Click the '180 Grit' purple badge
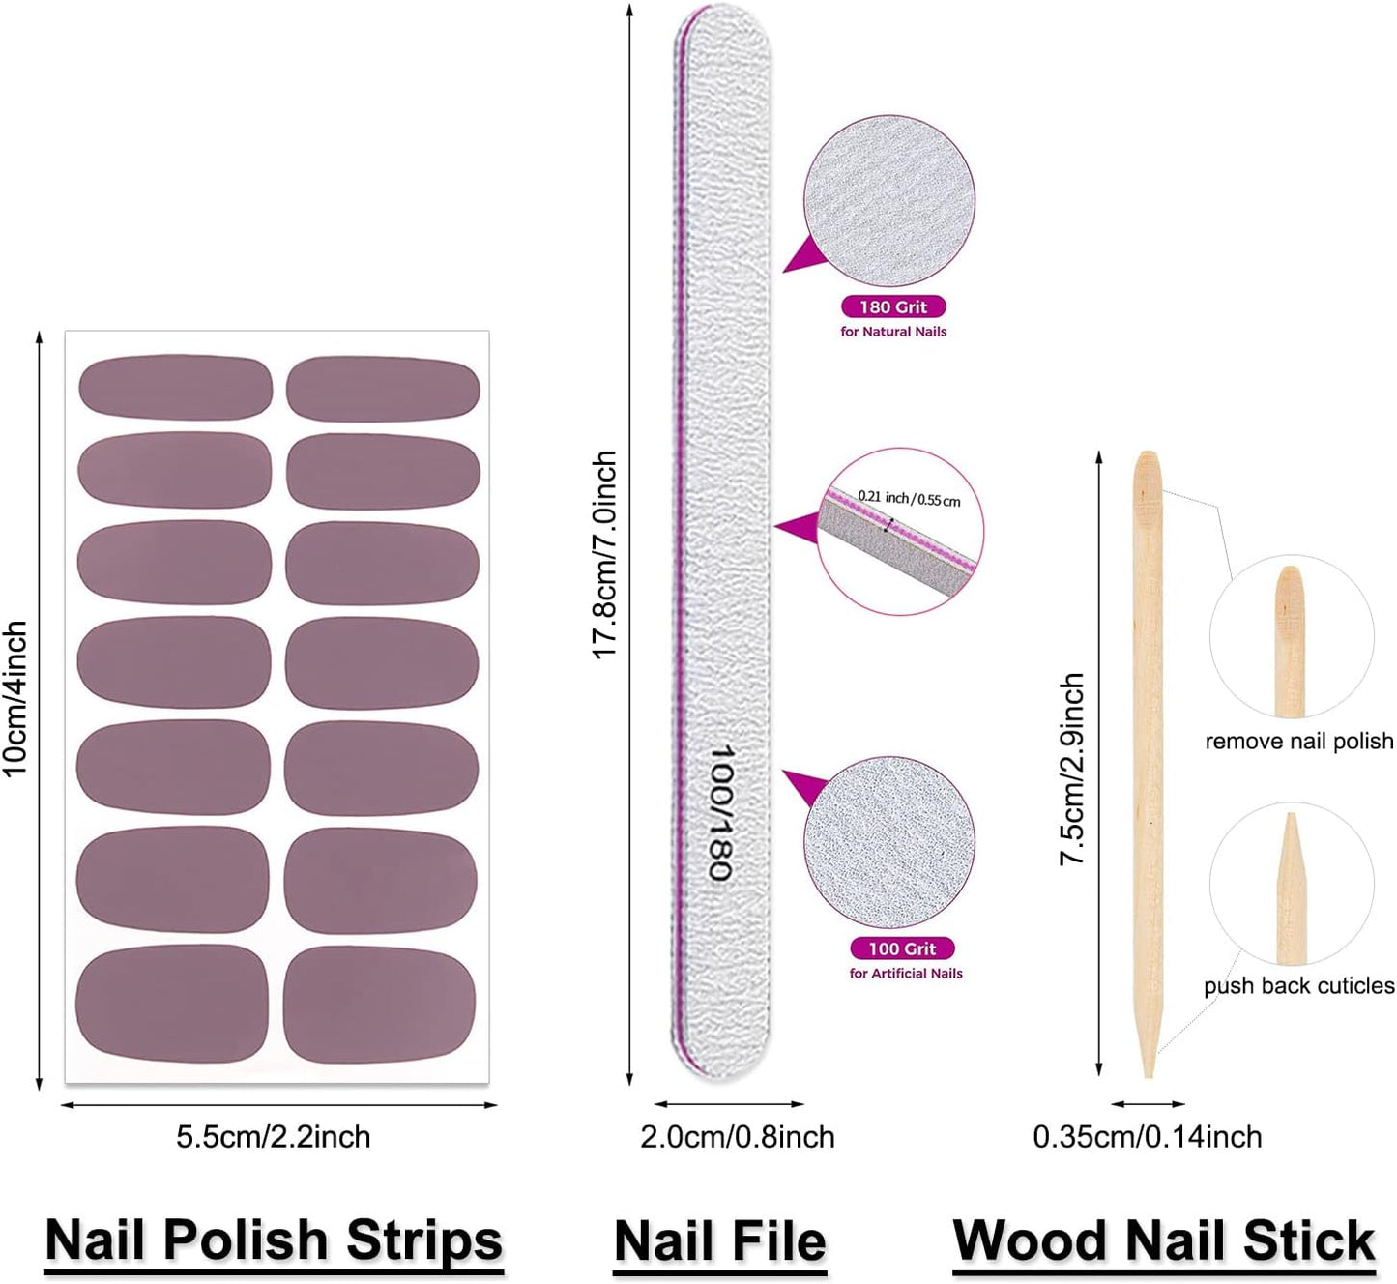coord(893,306)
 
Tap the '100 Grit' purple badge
coord(902,948)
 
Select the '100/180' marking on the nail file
coord(721,812)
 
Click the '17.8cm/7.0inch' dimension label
coord(604,555)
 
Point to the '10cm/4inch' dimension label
coord(15,698)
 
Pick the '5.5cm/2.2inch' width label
coord(274,1136)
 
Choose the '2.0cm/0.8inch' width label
coord(738,1136)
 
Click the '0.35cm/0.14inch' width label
coord(1148,1136)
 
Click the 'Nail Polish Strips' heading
coord(274,1240)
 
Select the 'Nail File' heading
coord(720,1240)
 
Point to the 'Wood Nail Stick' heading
coord(1164,1240)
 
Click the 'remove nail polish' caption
coord(1298,742)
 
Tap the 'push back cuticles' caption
coord(1298,985)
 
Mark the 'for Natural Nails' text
coord(893,332)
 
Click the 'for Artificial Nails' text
coord(906,974)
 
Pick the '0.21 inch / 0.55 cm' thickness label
coord(910,498)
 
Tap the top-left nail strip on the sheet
coord(175,387)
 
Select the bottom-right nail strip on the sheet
coord(380,1005)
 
